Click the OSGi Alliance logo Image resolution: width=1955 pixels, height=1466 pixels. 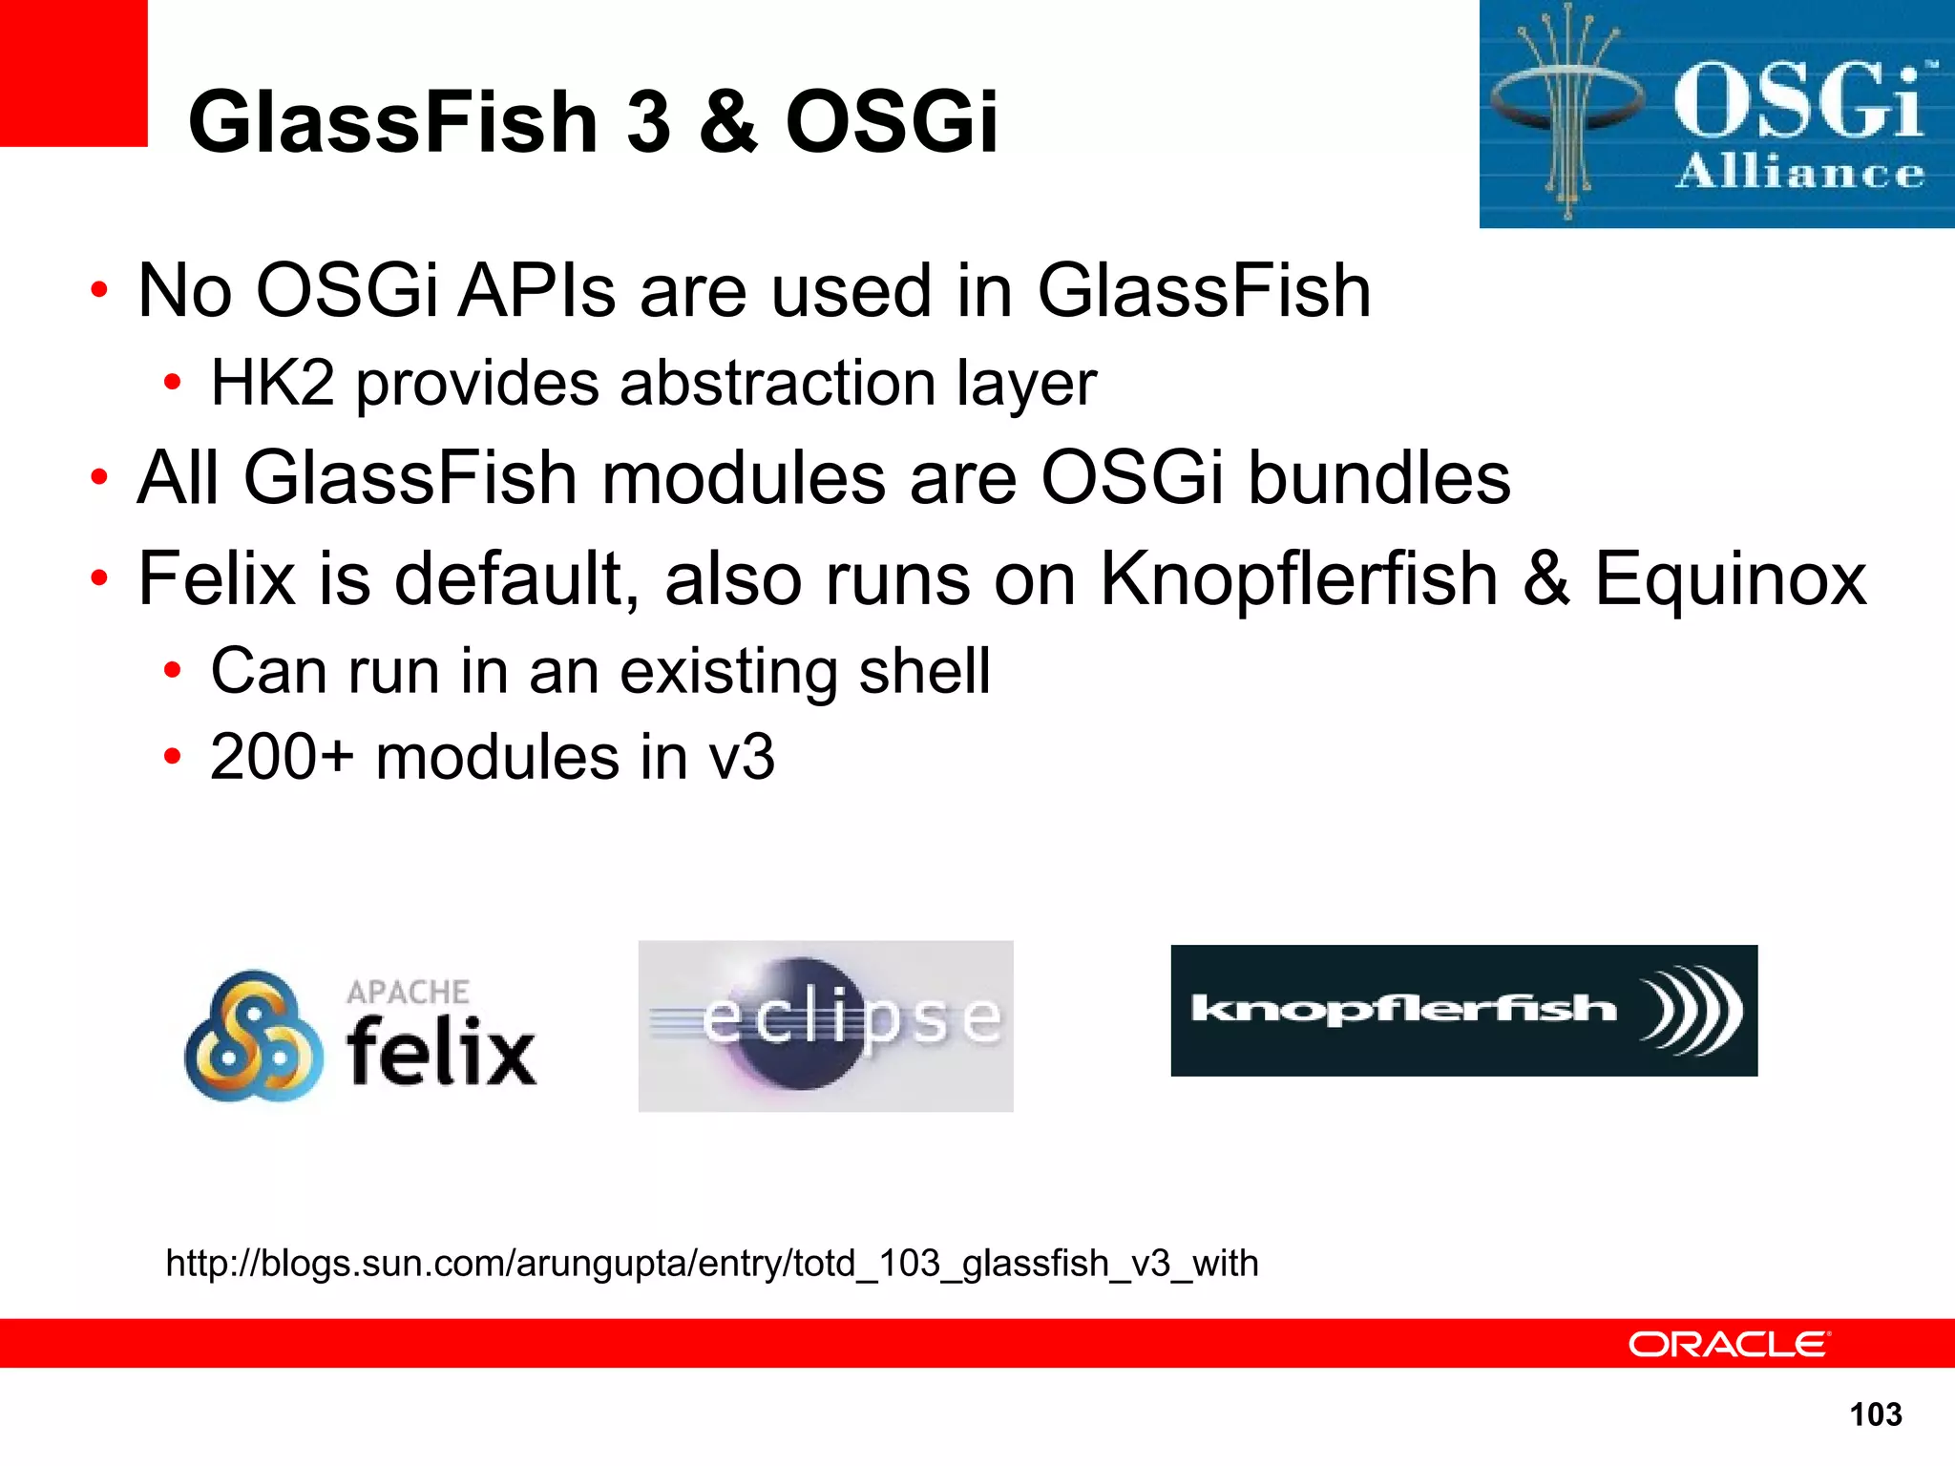pos(1716,115)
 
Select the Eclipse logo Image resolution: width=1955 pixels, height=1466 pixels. pos(826,1025)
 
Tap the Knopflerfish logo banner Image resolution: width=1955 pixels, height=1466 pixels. pos(1463,1010)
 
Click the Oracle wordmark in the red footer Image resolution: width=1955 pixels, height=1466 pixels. pos(1729,1345)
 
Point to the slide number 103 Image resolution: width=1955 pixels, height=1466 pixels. pos(1876,1414)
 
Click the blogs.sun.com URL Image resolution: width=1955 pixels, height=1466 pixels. pos(712,1264)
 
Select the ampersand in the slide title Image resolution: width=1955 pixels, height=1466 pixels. pos(728,121)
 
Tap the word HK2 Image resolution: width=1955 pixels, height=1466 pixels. pos(273,384)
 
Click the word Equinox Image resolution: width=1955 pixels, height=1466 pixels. pos(1731,580)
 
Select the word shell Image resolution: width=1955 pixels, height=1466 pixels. pos(924,671)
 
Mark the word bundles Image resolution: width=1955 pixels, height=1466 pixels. pos(1380,477)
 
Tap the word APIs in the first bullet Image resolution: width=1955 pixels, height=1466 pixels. pos(537,291)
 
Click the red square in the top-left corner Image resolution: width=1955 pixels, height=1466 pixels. pos(74,73)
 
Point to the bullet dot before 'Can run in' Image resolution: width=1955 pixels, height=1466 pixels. pos(172,671)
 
